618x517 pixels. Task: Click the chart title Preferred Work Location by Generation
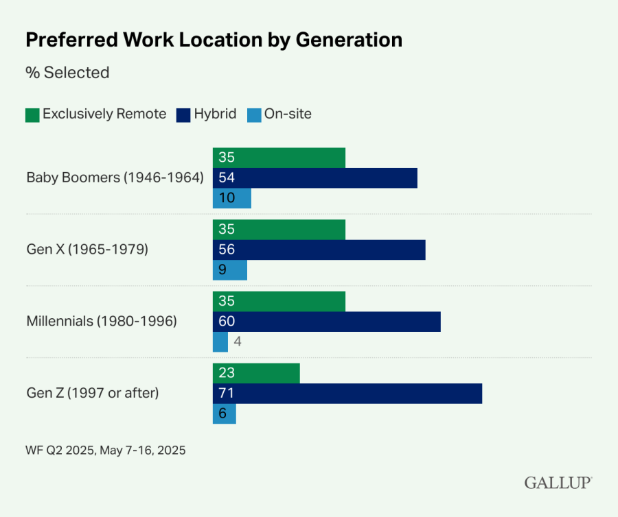(214, 40)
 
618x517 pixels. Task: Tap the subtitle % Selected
(67, 72)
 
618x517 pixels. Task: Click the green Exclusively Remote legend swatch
(32, 115)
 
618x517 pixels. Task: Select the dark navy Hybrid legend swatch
(183, 115)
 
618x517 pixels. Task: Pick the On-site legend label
(288, 114)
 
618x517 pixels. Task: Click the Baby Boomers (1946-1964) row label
(115, 178)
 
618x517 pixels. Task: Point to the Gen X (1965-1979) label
(87, 249)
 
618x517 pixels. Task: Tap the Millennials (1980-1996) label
(102, 321)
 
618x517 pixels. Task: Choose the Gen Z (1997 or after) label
(93, 393)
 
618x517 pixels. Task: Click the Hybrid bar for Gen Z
(347, 393)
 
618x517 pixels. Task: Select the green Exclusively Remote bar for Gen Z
(256, 373)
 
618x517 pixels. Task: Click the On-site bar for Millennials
(220, 341)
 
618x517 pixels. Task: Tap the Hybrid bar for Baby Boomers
(314, 178)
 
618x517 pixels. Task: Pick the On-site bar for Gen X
(229, 269)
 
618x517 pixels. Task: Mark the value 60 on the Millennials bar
(227, 322)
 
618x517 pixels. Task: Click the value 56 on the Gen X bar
(227, 250)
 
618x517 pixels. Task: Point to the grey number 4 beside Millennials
(238, 341)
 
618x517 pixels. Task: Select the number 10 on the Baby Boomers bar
(227, 198)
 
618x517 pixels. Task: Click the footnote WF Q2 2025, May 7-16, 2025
(106, 450)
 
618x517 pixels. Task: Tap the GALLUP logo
(558, 483)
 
